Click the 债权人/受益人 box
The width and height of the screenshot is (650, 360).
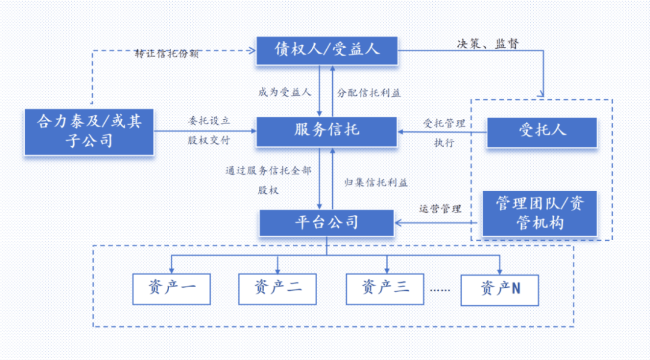pyautogui.click(x=327, y=51)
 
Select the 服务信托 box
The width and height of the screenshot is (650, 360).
pyautogui.click(x=327, y=131)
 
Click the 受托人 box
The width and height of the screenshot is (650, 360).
pyautogui.click(x=542, y=132)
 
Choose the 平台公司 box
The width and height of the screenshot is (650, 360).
pyautogui.click(x=327, y=223)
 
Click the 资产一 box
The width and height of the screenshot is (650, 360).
pyautogui.click(x=172, y=289)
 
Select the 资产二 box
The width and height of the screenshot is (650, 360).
pyautogui.click(x=278, y=289)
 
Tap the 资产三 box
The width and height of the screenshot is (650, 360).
pyautogui.click(x=385, y=289)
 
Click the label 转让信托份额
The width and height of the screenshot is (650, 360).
pyautogui.click(x=167, y=54)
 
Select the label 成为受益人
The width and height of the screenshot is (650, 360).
pyautogui.click(x=285, y=93)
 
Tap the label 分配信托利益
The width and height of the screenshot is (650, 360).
pyautogui.click(x=369, y=93)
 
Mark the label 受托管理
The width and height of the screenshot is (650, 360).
pyautogui.click(x=444, y=123)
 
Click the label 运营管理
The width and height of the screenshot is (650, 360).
pyautogui.click(x=440, y=209)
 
